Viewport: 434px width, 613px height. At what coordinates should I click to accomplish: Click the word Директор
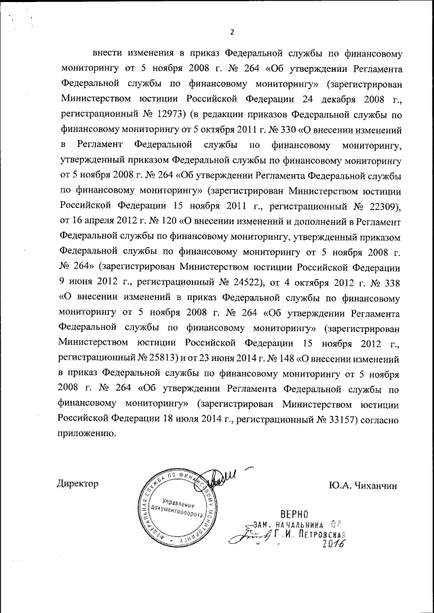[79, 484]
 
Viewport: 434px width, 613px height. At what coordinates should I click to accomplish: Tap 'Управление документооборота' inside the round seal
[178, 507]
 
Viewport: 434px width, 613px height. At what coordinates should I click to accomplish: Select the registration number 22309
[382, 206]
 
